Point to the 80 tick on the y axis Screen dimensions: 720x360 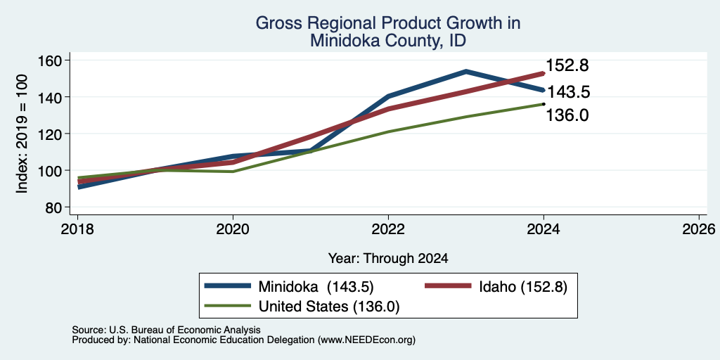pyautogui.click(x=55, y=207)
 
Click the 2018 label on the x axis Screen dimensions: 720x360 pyautogui.click(x=77, y=229)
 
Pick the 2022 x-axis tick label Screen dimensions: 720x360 pyautogui.click(x=388, y=229)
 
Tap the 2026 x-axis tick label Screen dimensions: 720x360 pyautogui.click(x=700, y=229)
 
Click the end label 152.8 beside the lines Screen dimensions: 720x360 pyautogui.click(x=567, y=65)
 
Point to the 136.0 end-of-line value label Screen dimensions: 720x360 pyautogui.click(x=567, y=115)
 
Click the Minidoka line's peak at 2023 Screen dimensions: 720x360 pyautogui.click(x=466, y=71)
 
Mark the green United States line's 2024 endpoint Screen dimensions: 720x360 pyautogui.click(x=544, y=104)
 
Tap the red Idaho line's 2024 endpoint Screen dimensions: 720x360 pyautogui.click(x=544, y=73)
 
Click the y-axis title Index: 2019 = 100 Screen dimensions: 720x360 pyautogui.click(x=22, y=134)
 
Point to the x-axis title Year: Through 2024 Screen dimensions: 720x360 pyautogui.click(x=388, y=259)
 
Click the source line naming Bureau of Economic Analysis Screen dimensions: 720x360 pyautogui.click(x=166, y=330)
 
